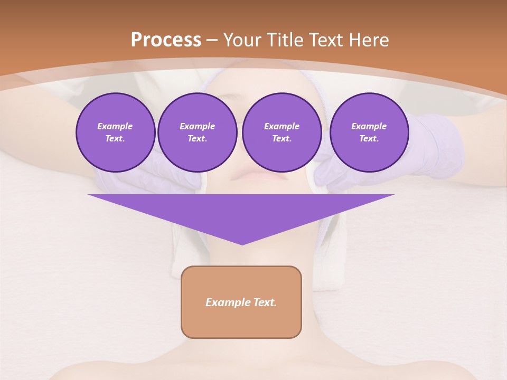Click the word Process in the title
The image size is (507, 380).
point(166,40)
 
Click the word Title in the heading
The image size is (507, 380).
point(285,40)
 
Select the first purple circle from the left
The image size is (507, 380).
point(115,132)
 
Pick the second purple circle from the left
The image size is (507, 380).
point(197,132)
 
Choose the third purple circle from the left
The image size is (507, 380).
point(281,132)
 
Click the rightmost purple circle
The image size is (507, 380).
point(369,132)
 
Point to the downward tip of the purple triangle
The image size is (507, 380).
point(242,243)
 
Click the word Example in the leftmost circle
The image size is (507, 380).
point(115,126)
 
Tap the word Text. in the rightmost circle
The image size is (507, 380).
point(369,139)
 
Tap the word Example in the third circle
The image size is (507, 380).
point(281,126)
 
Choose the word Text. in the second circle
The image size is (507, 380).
point(197,139)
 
